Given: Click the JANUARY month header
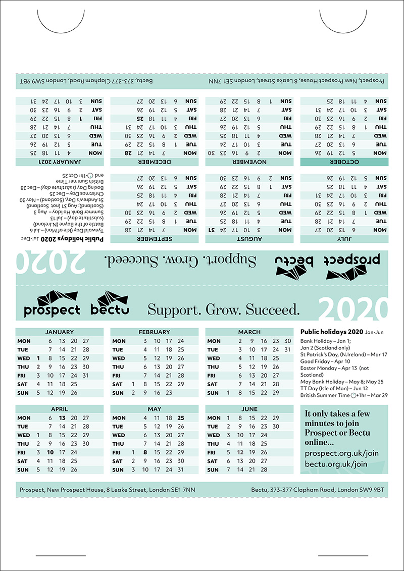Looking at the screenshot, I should coord(59,332).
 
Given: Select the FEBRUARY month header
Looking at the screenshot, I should coord(154,332).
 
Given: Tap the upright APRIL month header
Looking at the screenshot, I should coord(59,409).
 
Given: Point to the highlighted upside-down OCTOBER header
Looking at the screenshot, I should coord(344,162).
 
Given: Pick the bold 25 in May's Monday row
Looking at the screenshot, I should coord(181,418).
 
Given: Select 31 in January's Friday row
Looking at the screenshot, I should coord(86,376).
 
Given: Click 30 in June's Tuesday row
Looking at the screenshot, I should coord(276,427).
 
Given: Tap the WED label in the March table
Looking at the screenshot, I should coord(214,358).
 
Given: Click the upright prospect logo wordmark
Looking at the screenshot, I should coord(52,310).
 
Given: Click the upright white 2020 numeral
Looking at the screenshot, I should coord(352,309).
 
